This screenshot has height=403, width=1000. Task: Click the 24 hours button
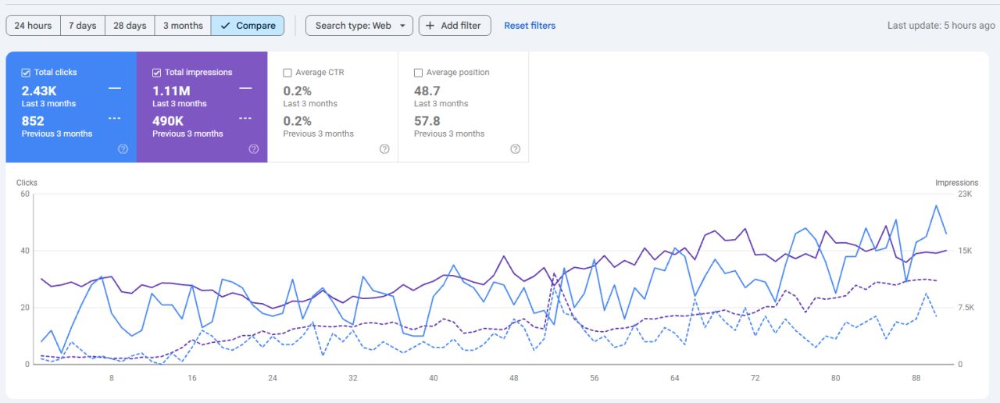[33, 26]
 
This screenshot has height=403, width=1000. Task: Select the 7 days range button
[83, 26]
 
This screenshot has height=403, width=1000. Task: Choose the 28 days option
[130, 26]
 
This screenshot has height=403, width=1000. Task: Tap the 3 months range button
[183, 26]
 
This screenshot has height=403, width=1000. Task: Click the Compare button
[248, 26]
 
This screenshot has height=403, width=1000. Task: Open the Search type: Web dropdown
[359, 26]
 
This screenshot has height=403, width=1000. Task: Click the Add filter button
[455, 26]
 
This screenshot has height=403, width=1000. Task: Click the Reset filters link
[530, 26]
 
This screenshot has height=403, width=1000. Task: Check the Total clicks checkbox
[26, 73]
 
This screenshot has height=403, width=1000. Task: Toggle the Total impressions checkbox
[157, 73]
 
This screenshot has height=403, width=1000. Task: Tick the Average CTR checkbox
[287, 73]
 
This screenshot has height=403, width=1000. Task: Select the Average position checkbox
[418, 73]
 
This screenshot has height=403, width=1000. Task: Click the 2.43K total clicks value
[39, 91]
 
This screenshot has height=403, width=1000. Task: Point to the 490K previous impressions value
[168, 121]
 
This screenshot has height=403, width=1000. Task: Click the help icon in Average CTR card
[384, 149]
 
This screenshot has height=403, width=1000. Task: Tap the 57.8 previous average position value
[427, 121]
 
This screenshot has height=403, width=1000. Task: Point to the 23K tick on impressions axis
[965, 194]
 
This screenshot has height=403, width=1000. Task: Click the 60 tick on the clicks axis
[25, 194]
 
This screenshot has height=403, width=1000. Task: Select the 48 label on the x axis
[514, 378]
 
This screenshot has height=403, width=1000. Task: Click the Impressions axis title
[957, 183]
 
